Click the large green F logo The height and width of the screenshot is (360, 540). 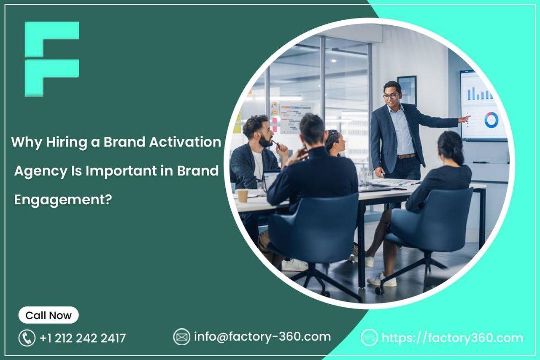click(x=51, y=59)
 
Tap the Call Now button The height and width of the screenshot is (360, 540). click(x=49, y=315)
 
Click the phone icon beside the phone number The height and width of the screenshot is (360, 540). click(x=27, y=338)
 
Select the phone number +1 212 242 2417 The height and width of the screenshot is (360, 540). click(x=83, y=338)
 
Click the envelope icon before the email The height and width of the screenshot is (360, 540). click(x=182, y=337)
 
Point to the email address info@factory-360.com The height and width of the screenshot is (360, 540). click(x=262, y=336)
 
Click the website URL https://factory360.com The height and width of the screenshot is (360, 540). click(x=452, y=338)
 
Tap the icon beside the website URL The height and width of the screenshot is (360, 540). click(x=369, y=338)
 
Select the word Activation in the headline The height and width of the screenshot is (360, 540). click(x=186, y=142)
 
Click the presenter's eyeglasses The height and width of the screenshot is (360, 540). click(x=391, y=96)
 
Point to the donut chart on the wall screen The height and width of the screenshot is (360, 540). click(x=491, y=120)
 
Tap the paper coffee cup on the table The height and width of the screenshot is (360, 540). click(x=243, y=195)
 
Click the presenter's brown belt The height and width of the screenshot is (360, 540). click(x=406, y=156)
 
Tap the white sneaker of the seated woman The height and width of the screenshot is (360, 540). click(x=382, y=280)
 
